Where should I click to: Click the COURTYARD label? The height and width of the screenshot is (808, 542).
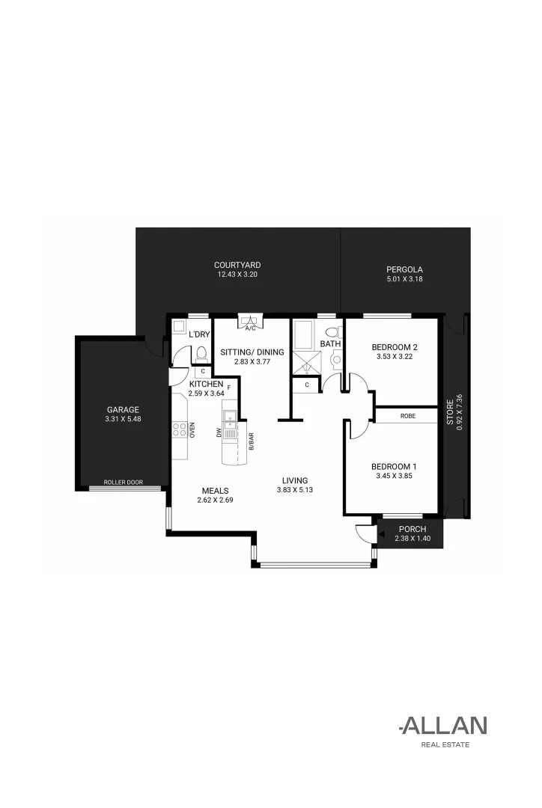[x=237, y=265]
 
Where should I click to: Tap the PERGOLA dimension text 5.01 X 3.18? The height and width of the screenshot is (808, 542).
[x=404, y=280]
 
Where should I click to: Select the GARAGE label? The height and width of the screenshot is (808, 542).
[x=123, y=409]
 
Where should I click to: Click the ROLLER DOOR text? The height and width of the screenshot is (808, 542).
[x=123, y=483]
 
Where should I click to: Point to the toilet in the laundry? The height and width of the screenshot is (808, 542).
[x=201, y=353]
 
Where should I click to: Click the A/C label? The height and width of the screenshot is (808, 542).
[x=249, y=328]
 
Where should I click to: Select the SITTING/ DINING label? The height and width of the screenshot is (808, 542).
[x=252, y=352]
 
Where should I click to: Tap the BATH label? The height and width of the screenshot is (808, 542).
[x=330, y=344]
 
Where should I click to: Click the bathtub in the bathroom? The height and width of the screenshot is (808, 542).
[x=305, y=335]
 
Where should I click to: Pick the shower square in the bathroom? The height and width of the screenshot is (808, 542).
[x=305, y=363]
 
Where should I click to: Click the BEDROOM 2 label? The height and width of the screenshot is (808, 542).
[x=394, y=347]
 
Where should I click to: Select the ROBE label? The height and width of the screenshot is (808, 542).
[x=407, y=416]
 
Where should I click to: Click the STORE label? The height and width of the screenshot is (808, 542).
[x=450, y=412]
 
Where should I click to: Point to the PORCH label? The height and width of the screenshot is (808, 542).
[x=412, y=529]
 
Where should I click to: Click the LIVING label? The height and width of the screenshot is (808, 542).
[x=294, y=480]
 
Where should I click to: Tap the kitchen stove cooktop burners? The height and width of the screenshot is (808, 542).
[x=180, y=429]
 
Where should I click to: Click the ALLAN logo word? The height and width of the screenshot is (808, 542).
[x=445, y=725]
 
